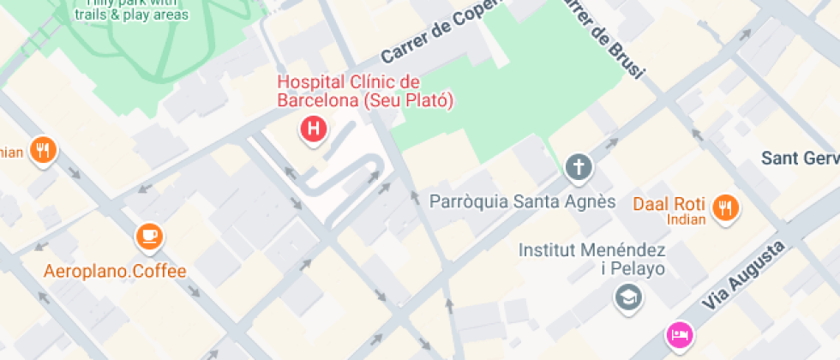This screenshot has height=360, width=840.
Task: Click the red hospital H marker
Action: pos(315,129)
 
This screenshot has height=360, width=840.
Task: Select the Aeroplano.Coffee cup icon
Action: pos(150,236)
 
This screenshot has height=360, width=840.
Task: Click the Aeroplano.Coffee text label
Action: pos(115,272)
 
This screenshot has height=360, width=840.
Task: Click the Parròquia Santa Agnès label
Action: pos(522,202)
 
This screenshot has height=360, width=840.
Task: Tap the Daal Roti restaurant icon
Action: pos(727,207)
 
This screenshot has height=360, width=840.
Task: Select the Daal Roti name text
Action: pos(669,204)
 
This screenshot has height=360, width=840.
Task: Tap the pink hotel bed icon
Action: pos(680,334)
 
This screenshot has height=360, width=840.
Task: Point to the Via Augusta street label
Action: pos(744,277)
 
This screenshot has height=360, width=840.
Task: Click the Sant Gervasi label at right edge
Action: pos(800,159)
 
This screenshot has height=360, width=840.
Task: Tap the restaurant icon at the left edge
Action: pos(42,151)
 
